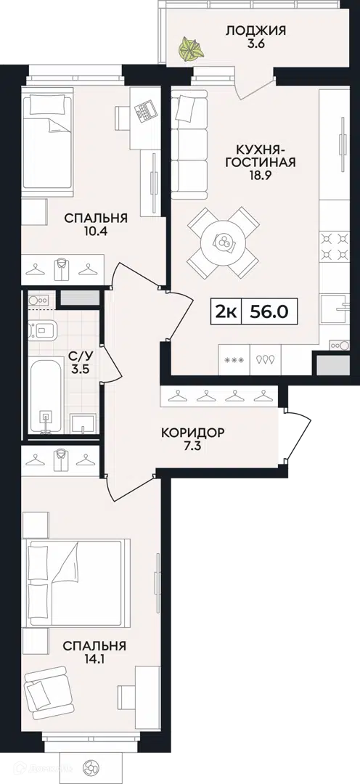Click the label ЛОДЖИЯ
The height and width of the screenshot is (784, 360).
tap(255, 30)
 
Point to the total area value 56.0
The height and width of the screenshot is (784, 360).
tap(269, 312)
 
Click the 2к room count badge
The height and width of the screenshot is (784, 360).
tap(225, 312)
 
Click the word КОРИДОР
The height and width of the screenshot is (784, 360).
tap(192, 433)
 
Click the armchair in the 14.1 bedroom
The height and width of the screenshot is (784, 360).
tap(48, 691)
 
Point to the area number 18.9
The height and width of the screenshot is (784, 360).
tap(259, 175)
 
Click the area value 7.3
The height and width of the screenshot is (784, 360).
tap(192, 446)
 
